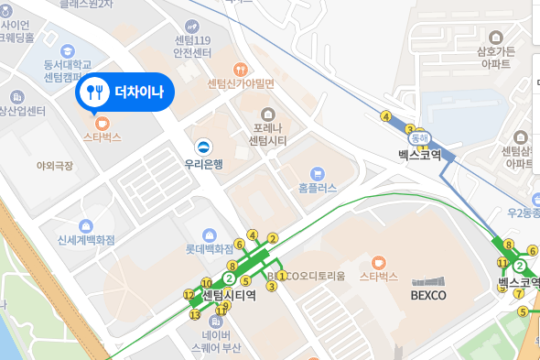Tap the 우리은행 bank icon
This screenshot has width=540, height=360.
click(x=204, y=145)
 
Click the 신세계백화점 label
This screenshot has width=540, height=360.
click(x=86, y=240)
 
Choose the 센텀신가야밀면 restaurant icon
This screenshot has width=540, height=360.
click(x=241, y=69)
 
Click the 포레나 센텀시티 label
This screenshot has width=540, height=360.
click(x=269, y=134)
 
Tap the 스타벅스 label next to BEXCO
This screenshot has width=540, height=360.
click(x=378, y=276)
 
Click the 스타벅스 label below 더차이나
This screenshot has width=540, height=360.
click(x=102, y=136)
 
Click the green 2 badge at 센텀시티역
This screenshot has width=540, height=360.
click(x=230, y=278)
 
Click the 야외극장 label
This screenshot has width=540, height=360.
click(x=52, y=165)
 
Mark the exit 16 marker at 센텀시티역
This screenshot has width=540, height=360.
click(x=206, y=283)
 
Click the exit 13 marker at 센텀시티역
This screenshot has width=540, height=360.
click(x=194, y=315)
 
